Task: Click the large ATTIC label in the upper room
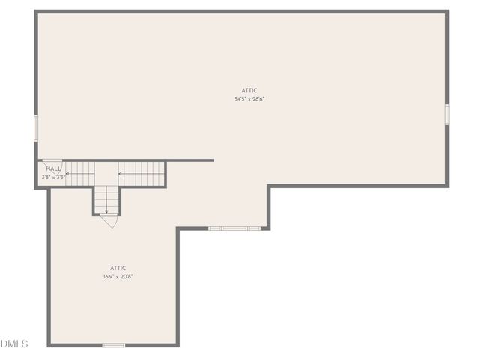pyautogui.click(x=249, y=90)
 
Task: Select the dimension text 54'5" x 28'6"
pyautogui.click(x=249, y=99)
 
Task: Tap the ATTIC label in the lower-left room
pyautogui.click(x=118, y=268)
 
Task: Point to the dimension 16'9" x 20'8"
pyautogui.click(x=118, y=276)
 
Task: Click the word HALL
pyautogui.click(x=53, y=169)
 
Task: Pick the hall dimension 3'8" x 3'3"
pyautogui.click(x=53, y=177)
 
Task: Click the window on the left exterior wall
pyautogui.click(x=36, y=127)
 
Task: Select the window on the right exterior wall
pyautogui.click(x=447, y=114)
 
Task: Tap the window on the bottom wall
pyautogui.click(x=113, y=345)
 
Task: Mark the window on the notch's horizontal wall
pyautogui.click(x=235, y=228)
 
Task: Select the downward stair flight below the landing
pyautogui.click(x=106, y=199)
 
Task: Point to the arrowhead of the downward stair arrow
pyautogui.click(x=106, y=211)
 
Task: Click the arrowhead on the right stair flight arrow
pyautogui.click(x=120, y=174)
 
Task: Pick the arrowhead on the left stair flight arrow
pyautogui.click(x=67, y=174)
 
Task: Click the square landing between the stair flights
pyautogui.click(x=106, y=174)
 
